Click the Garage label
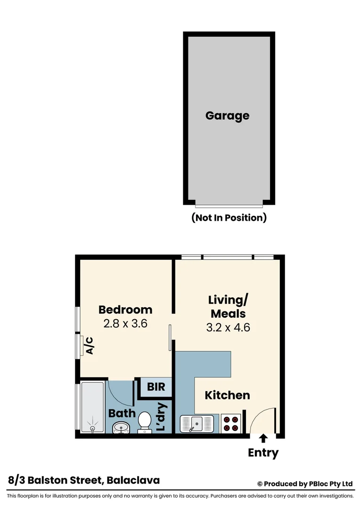tap(227, 115)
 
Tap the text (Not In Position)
tap(229, 218)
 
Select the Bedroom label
tap(125, 310)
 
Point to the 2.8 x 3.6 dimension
tap(125, 324)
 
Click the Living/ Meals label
tap(228, 306)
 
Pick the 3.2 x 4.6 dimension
tap(228, 327)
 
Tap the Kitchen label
tap(227, 395)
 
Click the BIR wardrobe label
tap(156, 387)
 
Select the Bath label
tap(122, 413)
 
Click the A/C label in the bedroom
tap(90, 345)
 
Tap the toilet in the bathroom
tap(144, 421)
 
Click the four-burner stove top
tap(231, 423)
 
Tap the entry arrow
tap(263, 438)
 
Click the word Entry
tap(263, 453)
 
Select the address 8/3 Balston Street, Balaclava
tap(84, 480)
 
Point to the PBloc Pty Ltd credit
tap(305, 484)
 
